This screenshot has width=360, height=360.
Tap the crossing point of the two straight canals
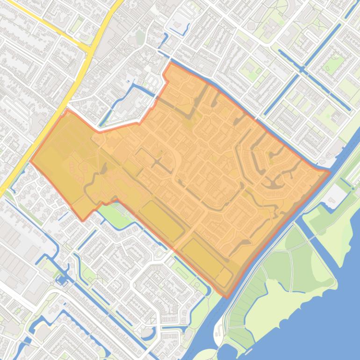click(303, 70)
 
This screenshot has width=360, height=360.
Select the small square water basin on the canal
click(61, 280)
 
